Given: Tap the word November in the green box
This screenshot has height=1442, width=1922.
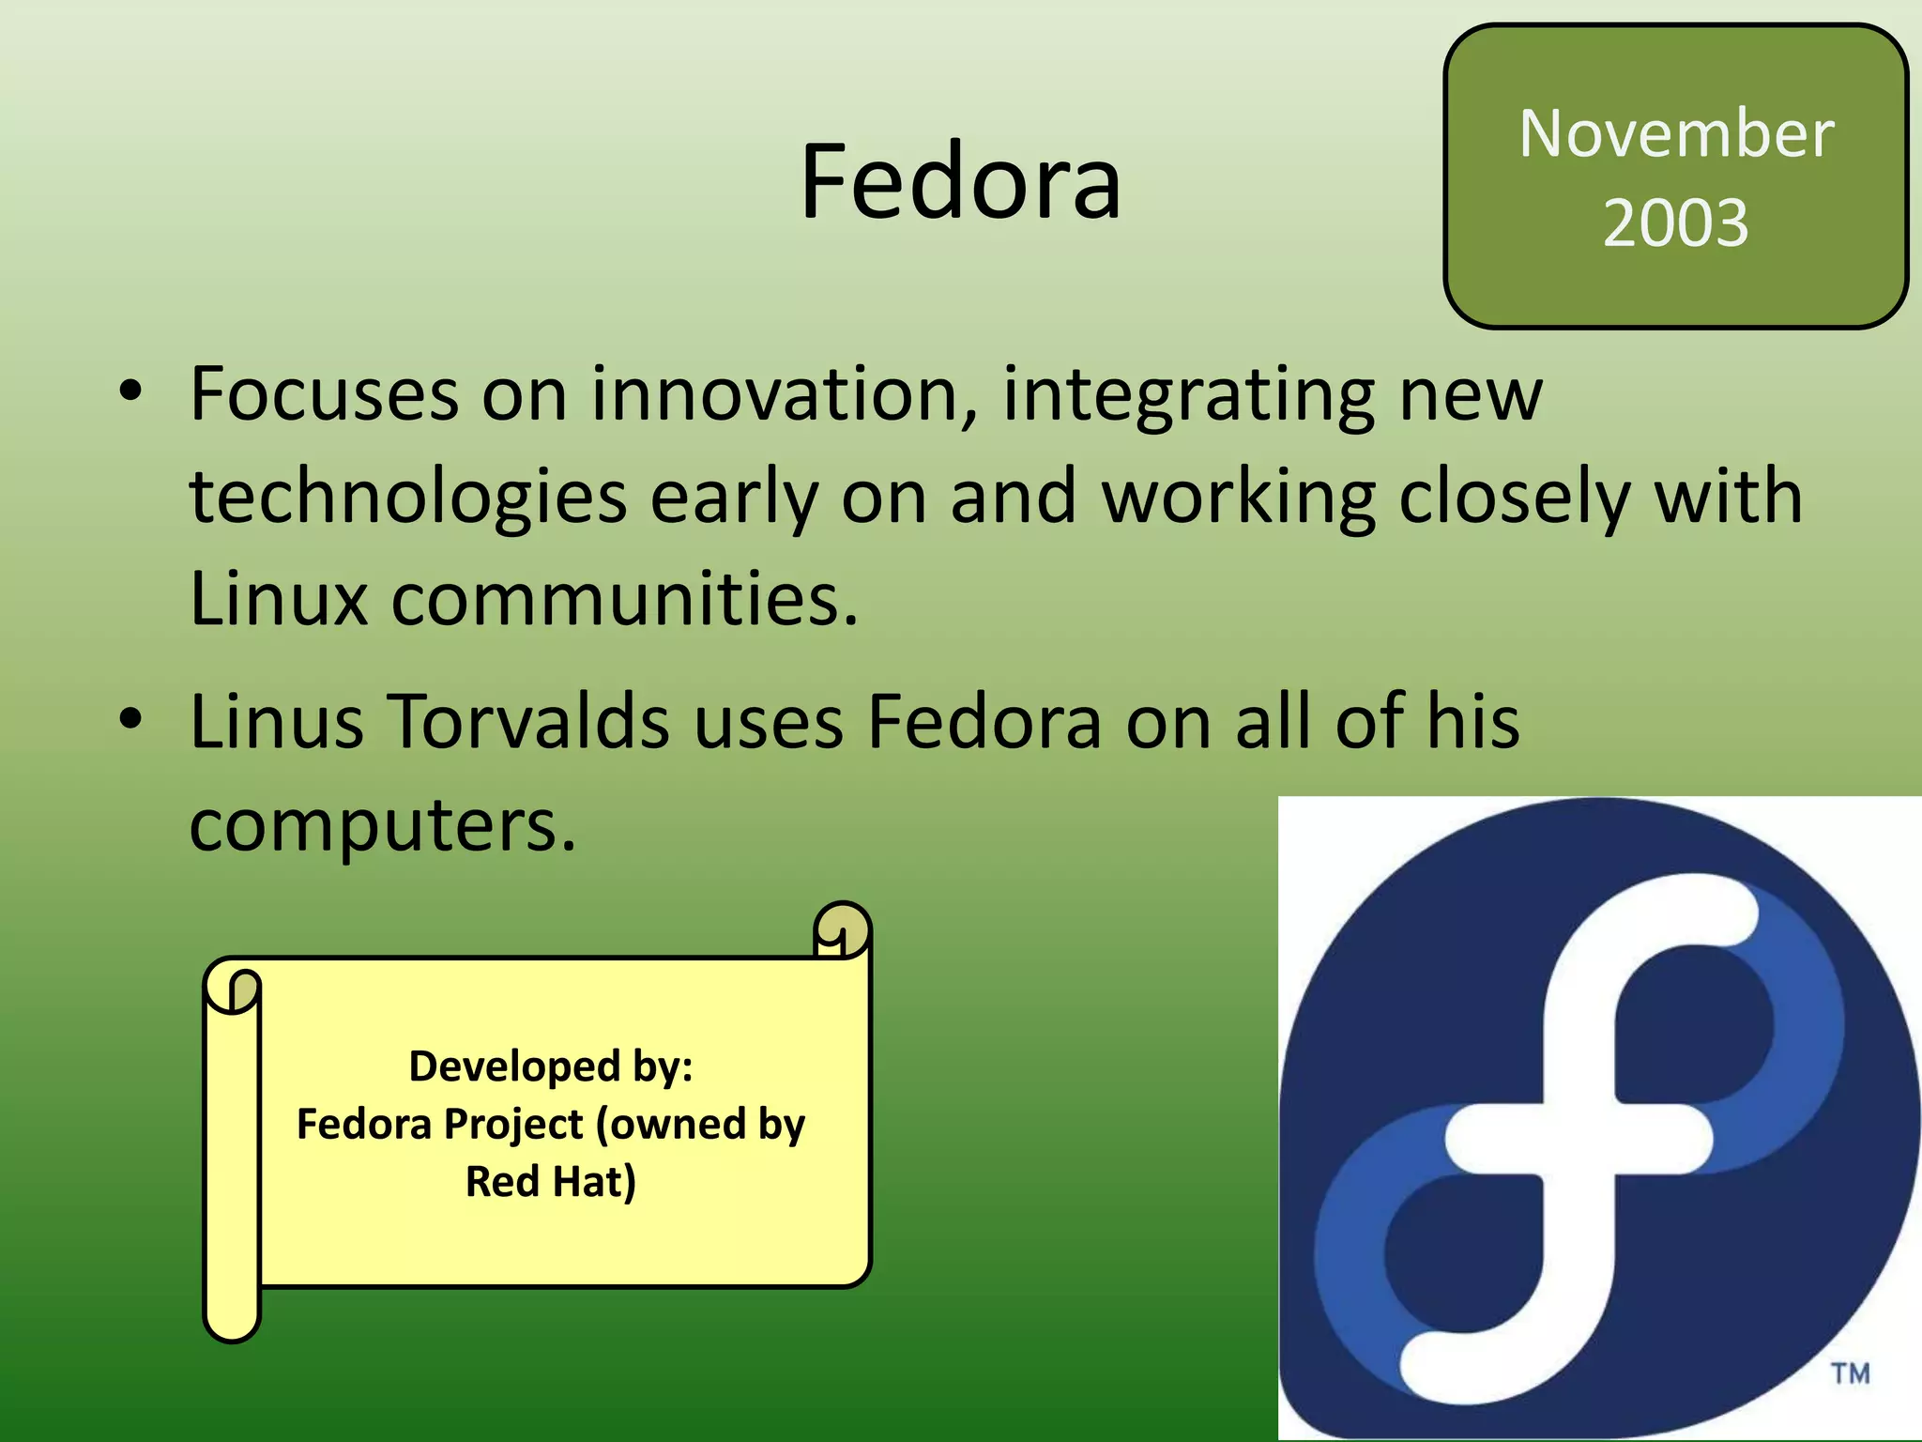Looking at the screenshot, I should (1676, 133).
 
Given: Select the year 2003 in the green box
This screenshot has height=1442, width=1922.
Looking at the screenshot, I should (1676, 222).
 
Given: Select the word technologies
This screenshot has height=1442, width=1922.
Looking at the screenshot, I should (408, 498).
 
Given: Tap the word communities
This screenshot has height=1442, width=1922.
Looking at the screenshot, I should (624, 598).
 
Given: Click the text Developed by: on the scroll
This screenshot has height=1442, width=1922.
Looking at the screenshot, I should (551, 1066).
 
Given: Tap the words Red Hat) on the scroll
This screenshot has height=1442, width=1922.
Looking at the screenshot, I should (551, 1181).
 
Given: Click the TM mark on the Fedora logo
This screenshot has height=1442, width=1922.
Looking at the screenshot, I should (1851, 1374).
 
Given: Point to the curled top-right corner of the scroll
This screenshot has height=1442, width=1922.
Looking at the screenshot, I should (842, 929).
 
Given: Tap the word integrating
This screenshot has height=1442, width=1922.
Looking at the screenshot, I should (1188, 394).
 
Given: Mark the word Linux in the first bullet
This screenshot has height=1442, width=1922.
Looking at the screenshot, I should (279, 598).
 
